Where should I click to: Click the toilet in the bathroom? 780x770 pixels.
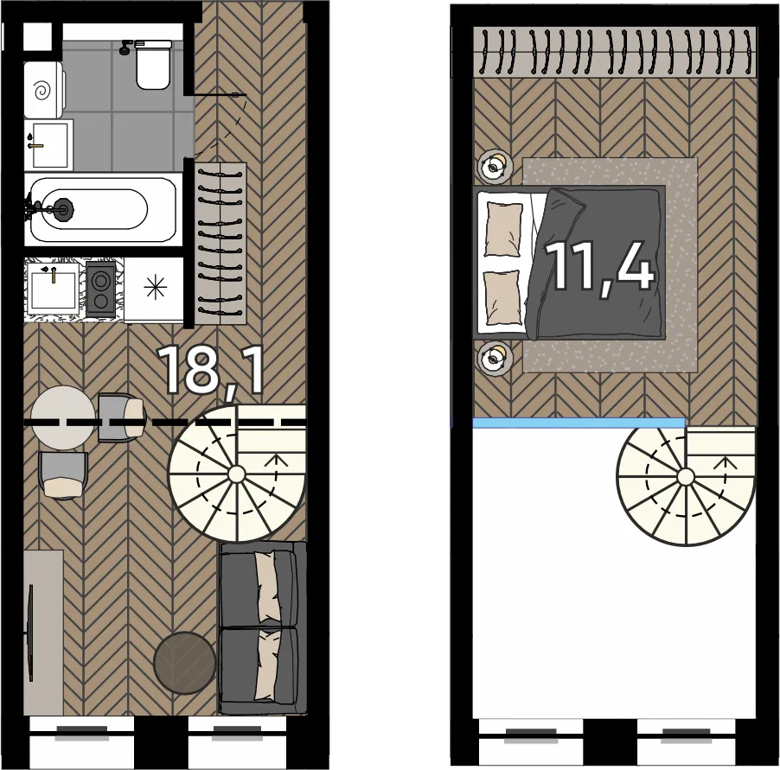pos(153,65)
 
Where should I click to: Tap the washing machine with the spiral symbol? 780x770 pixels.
pos(44,90)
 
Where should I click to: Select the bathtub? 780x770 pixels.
pos(101,210)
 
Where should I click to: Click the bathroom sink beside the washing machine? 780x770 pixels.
pos(48,144)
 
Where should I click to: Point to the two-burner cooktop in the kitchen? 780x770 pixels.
pos(101,289)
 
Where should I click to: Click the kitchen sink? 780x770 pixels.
pos(53,290)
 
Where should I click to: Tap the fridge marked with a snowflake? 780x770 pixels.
pos(154,290)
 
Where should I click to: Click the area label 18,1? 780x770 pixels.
pos(210,371)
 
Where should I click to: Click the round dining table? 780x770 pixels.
pos(63,418)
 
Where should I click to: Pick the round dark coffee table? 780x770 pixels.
pos(185,663)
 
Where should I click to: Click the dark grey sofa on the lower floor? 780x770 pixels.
pos(263,628)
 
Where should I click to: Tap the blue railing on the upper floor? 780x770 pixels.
pos(579,423)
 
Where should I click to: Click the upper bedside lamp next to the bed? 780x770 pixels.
pos(495,167)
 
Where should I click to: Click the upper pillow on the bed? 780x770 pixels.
pos(503,229)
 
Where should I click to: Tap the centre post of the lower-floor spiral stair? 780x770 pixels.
pos(236,474)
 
